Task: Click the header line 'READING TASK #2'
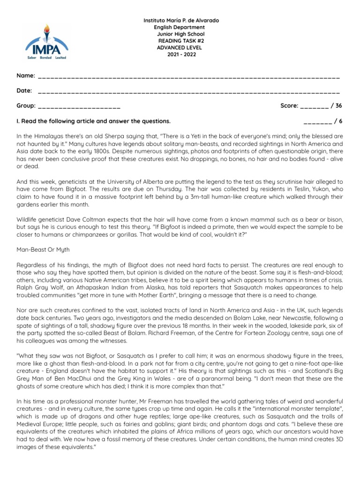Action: [x=180, y=41]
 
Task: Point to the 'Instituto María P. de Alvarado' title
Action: [x=180, y=21]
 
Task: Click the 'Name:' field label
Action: [x=26, y=75]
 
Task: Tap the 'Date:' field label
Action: [x=24, y=90]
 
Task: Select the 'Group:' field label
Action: [x=26, y=106]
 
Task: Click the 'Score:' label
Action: [x=289, y=106]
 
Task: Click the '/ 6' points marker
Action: [x=338, y=121]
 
